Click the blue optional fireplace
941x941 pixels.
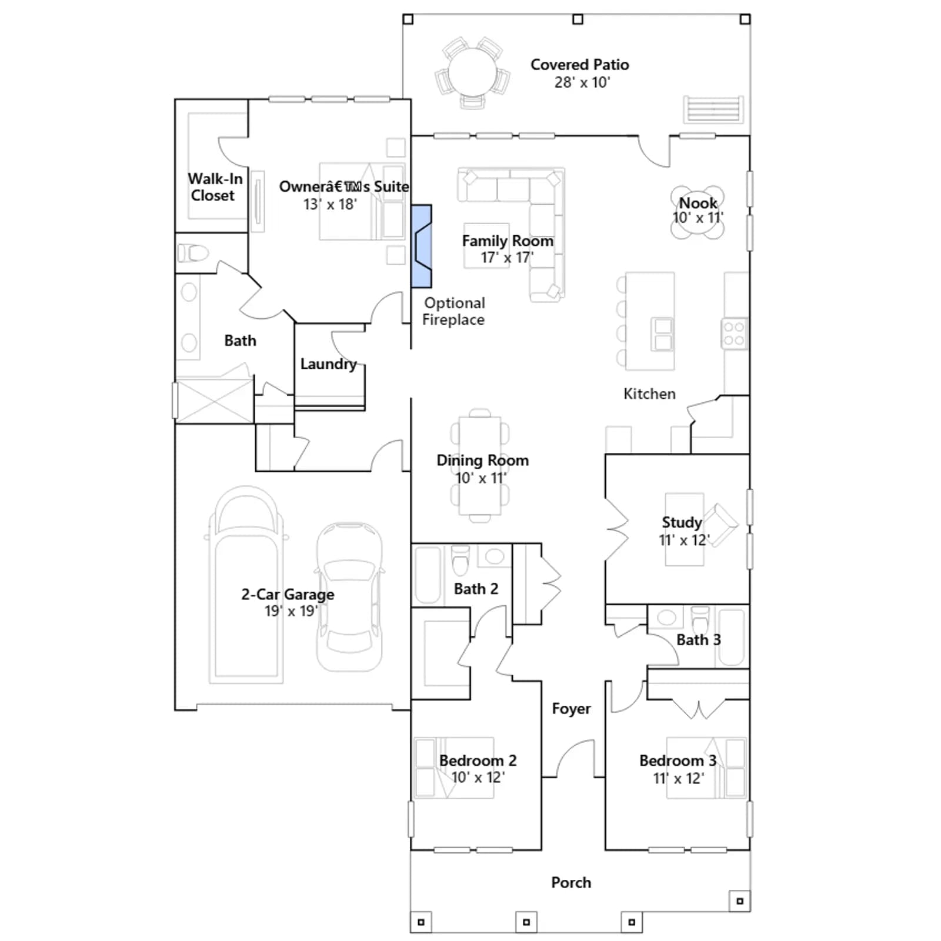click(421, 246)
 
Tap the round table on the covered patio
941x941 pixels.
click(473, 72)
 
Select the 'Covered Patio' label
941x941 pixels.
click(579, 65)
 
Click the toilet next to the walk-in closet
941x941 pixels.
click(193, 253)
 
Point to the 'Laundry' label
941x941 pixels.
click(328, 364)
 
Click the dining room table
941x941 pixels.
click(480, 465)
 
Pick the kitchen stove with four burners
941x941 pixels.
click(735, 333)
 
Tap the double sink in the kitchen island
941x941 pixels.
click(663, 334)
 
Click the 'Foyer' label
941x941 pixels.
click(571, 709)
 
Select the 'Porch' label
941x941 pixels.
click(571, 882)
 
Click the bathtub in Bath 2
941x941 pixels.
click(428, 575)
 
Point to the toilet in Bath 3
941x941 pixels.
click(700, 619)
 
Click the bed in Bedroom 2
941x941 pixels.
click(454, 768)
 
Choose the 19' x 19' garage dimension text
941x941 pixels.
click(291, 611)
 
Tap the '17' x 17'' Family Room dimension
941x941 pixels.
click(507, 258)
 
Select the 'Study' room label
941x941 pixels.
click(682, 522)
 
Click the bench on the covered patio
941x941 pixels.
click(713, 109)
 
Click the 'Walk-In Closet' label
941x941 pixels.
click(215, 187)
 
